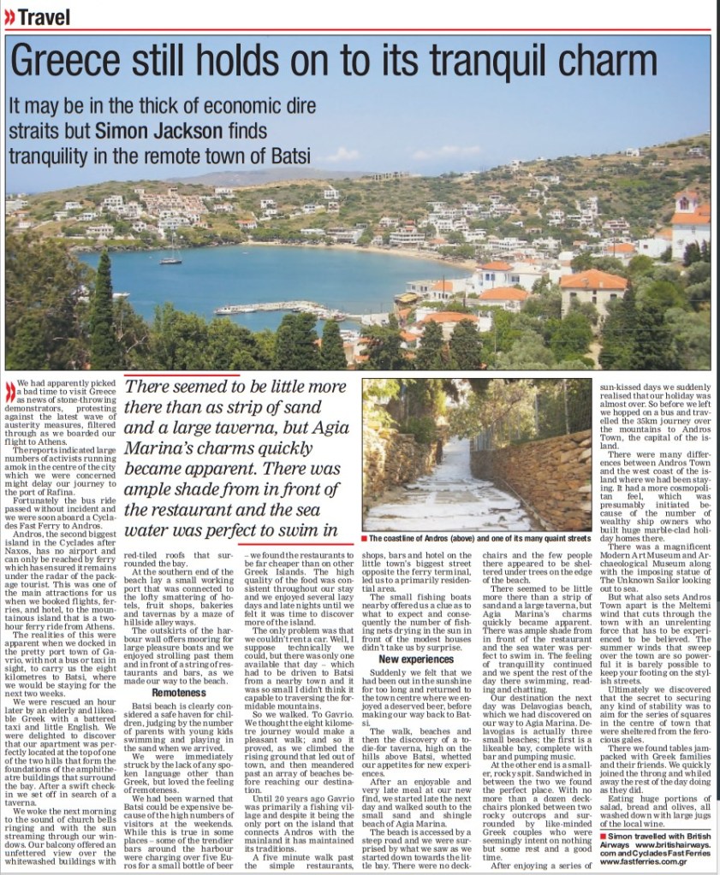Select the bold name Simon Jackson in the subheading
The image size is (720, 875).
(x=152, y=131)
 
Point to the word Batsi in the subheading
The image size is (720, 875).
(x=289, y=156)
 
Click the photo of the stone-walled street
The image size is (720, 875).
(x=475, y=456)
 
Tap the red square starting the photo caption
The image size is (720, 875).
(x=365, y=539)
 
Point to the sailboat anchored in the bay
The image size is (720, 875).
(x=171, y=257)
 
